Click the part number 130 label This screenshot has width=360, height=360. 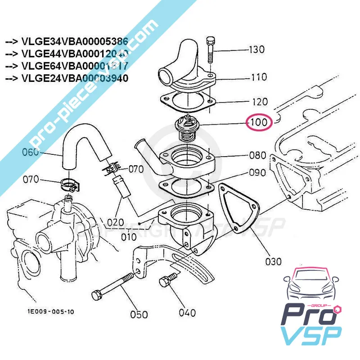257,49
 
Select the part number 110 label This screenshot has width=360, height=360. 259,77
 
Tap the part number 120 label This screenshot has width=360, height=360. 260,102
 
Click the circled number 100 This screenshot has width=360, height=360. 259,122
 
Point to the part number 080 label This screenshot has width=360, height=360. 258,156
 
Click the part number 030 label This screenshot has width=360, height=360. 274,261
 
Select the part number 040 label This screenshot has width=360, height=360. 187,312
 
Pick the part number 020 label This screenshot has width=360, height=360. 115,221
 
